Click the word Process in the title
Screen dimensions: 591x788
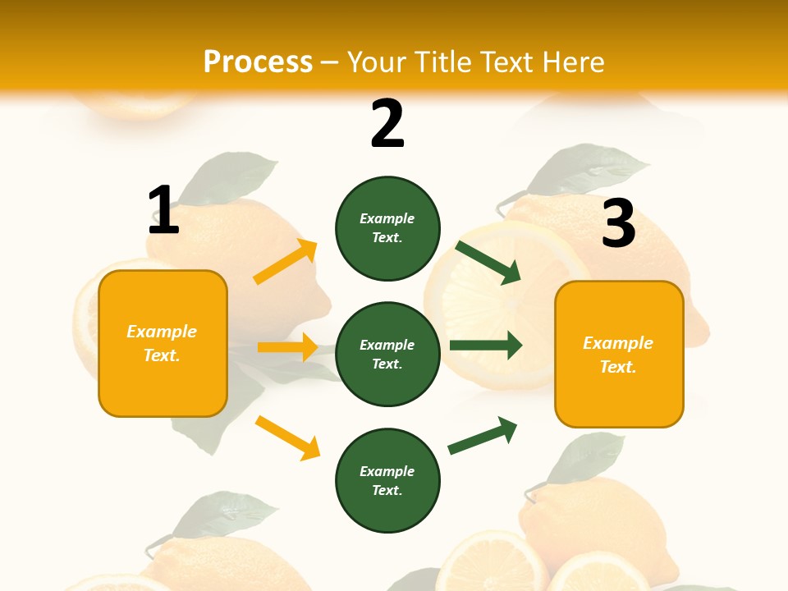[x=258, y=62]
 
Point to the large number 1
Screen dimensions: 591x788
[x=163, y=210]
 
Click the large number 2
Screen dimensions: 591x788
[x=387, y=124]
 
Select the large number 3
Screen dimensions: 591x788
[x=618, y=223]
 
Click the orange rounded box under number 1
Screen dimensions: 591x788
[x=163, y=343]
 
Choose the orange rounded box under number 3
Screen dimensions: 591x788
[x=619, y=354]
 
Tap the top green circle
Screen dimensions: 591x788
[x=387, y=228]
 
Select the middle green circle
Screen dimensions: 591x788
[x=387, y=354]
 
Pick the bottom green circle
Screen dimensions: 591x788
[x=387, y=480]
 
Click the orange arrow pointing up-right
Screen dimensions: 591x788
[x=286, y=262]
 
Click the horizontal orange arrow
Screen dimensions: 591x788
[x=287, y=347]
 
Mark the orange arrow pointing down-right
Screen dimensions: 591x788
[x=287, y=438]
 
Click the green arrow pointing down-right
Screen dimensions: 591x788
[x=488, y=262]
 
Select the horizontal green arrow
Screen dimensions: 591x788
[x=486, y=346]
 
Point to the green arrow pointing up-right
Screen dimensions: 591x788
[x=483, y=435]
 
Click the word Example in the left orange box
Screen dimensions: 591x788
[x=162, y=332]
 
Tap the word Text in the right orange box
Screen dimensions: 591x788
[x=616, y=367]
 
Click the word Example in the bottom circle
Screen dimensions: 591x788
[x=387, y=471]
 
